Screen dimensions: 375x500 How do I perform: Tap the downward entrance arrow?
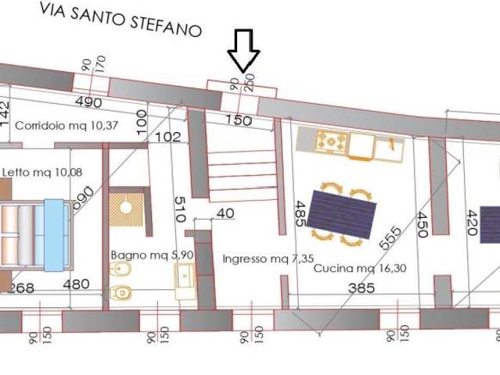coord(243,51)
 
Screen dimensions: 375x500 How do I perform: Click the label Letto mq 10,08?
coord(43,172)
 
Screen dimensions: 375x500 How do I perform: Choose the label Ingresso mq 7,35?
coord(257,259)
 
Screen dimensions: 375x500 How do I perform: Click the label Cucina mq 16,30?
coord(354,268)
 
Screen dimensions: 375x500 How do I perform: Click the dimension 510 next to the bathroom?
coord(178,211)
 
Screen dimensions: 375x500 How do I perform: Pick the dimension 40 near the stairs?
coord(225,213)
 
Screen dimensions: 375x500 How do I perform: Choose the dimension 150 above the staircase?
coord(238,120)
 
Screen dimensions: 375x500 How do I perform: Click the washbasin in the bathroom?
coord(186,275)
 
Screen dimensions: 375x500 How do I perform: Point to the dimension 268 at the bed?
coord(21,287)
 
